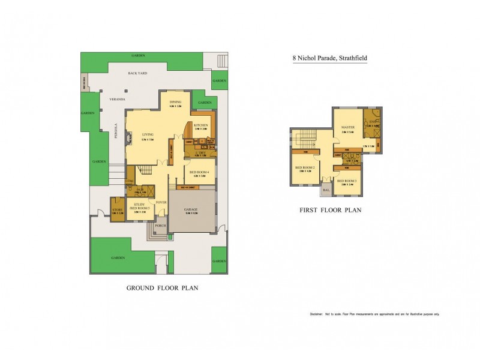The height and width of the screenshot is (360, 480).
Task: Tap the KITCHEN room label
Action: click(200, 125)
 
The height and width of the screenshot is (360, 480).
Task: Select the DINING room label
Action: click(175, 103)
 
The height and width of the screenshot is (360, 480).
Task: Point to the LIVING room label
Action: click(148, 134)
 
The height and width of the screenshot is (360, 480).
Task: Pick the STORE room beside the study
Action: click(116, 209)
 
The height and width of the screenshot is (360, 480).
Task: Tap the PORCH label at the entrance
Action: click(160, 226)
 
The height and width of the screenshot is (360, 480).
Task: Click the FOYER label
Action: click(161, 203)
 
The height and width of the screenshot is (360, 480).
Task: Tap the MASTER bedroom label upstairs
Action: click(347, 127)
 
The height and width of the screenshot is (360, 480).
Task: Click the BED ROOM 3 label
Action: click(347, 181)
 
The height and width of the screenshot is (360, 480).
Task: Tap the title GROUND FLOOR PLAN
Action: click(162, 288)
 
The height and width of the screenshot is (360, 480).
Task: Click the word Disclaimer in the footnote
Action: click(316, 314)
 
